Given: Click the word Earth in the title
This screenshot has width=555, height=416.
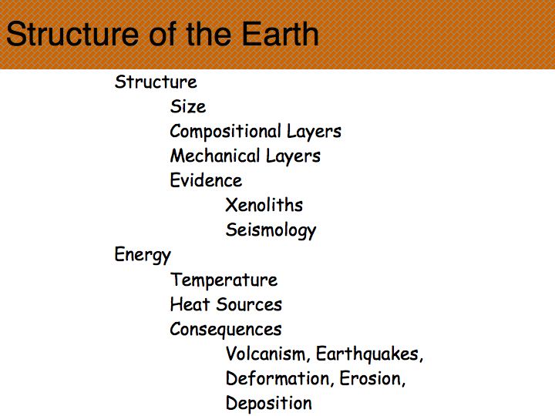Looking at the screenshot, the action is (280, 34).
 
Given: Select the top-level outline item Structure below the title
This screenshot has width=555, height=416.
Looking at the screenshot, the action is (156, 82).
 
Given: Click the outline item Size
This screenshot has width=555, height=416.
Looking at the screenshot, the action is (188, 106).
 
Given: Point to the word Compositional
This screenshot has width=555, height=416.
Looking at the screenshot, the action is (225, 132).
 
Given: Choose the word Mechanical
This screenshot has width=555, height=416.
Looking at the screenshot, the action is (215, 156).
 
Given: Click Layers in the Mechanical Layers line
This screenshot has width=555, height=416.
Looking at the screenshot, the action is (293, 156).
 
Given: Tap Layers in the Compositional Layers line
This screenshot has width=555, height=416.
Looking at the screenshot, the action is (314, 132).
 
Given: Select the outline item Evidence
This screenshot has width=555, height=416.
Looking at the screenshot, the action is (206, 180).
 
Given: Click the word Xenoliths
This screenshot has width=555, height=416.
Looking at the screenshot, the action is (264, 205).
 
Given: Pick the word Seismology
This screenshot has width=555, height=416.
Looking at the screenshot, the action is (271, 230).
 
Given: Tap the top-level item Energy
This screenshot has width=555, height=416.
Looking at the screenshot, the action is (143, 255).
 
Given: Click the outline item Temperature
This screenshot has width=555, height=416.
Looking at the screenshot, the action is (224, 280).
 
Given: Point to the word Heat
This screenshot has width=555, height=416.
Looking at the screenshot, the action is (190, 304).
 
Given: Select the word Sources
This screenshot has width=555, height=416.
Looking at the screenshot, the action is (249, 304).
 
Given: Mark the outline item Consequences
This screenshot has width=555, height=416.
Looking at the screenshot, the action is (226, 330).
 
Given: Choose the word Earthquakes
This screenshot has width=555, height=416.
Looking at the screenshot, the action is (369, 354).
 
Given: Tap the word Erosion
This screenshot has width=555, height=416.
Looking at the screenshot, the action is (372, 379).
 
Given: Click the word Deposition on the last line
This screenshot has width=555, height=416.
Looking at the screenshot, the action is (269, 404).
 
